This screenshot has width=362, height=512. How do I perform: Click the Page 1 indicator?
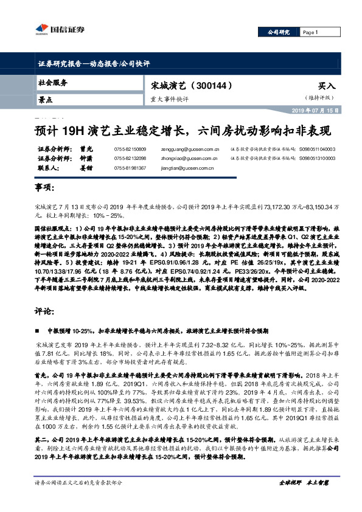click(311, 32)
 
